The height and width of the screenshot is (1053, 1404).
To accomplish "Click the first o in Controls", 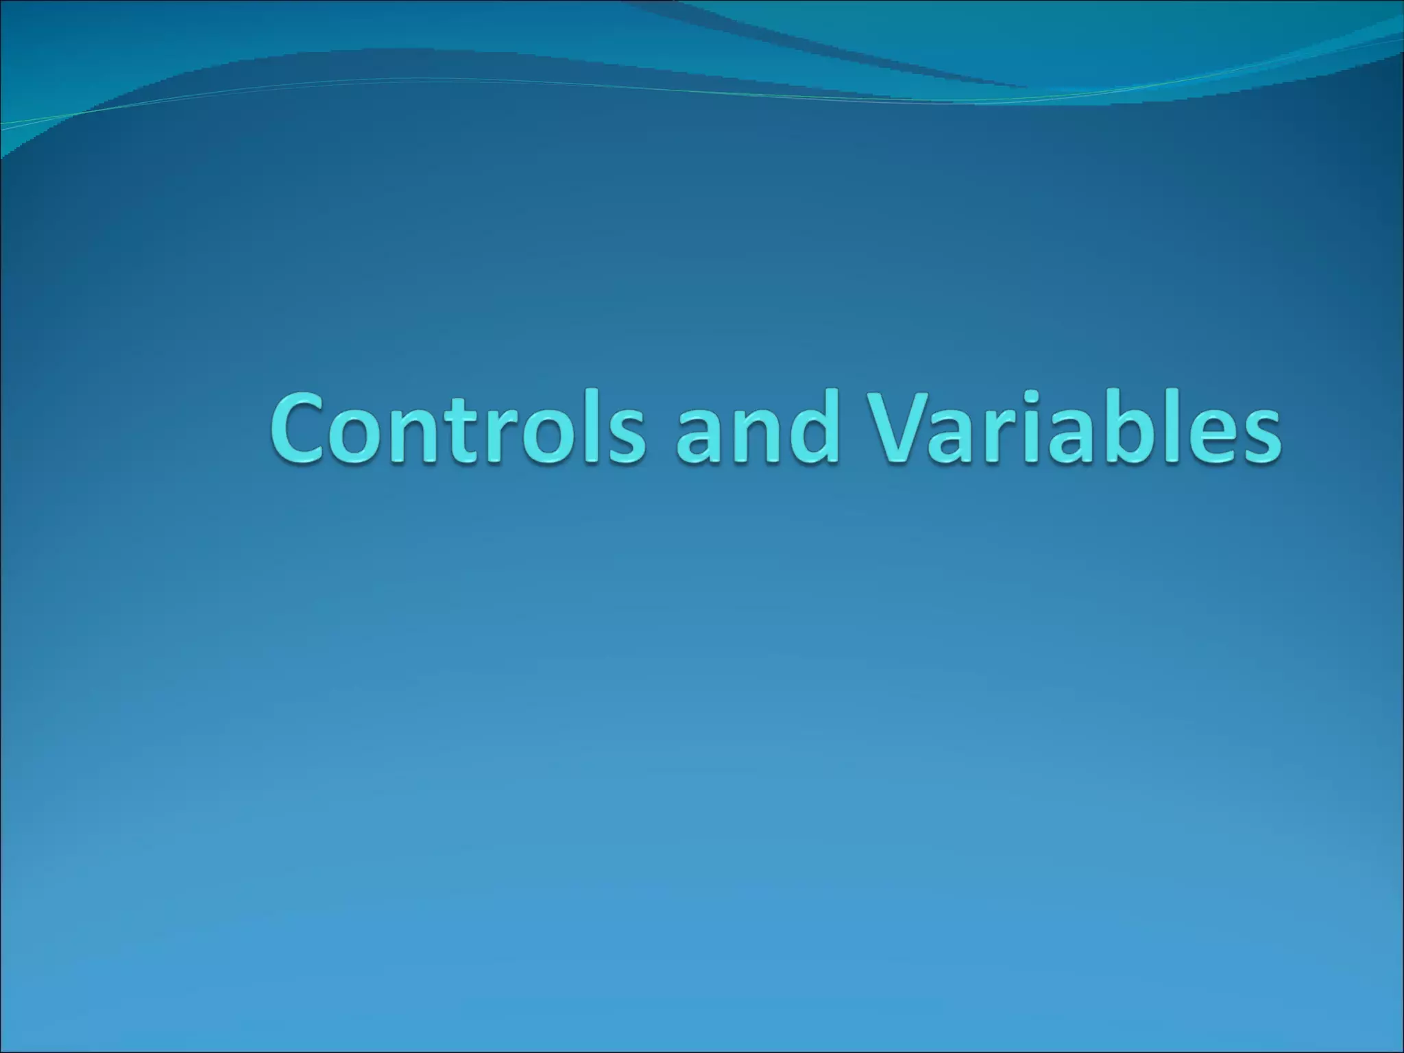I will (x=363, y=439).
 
